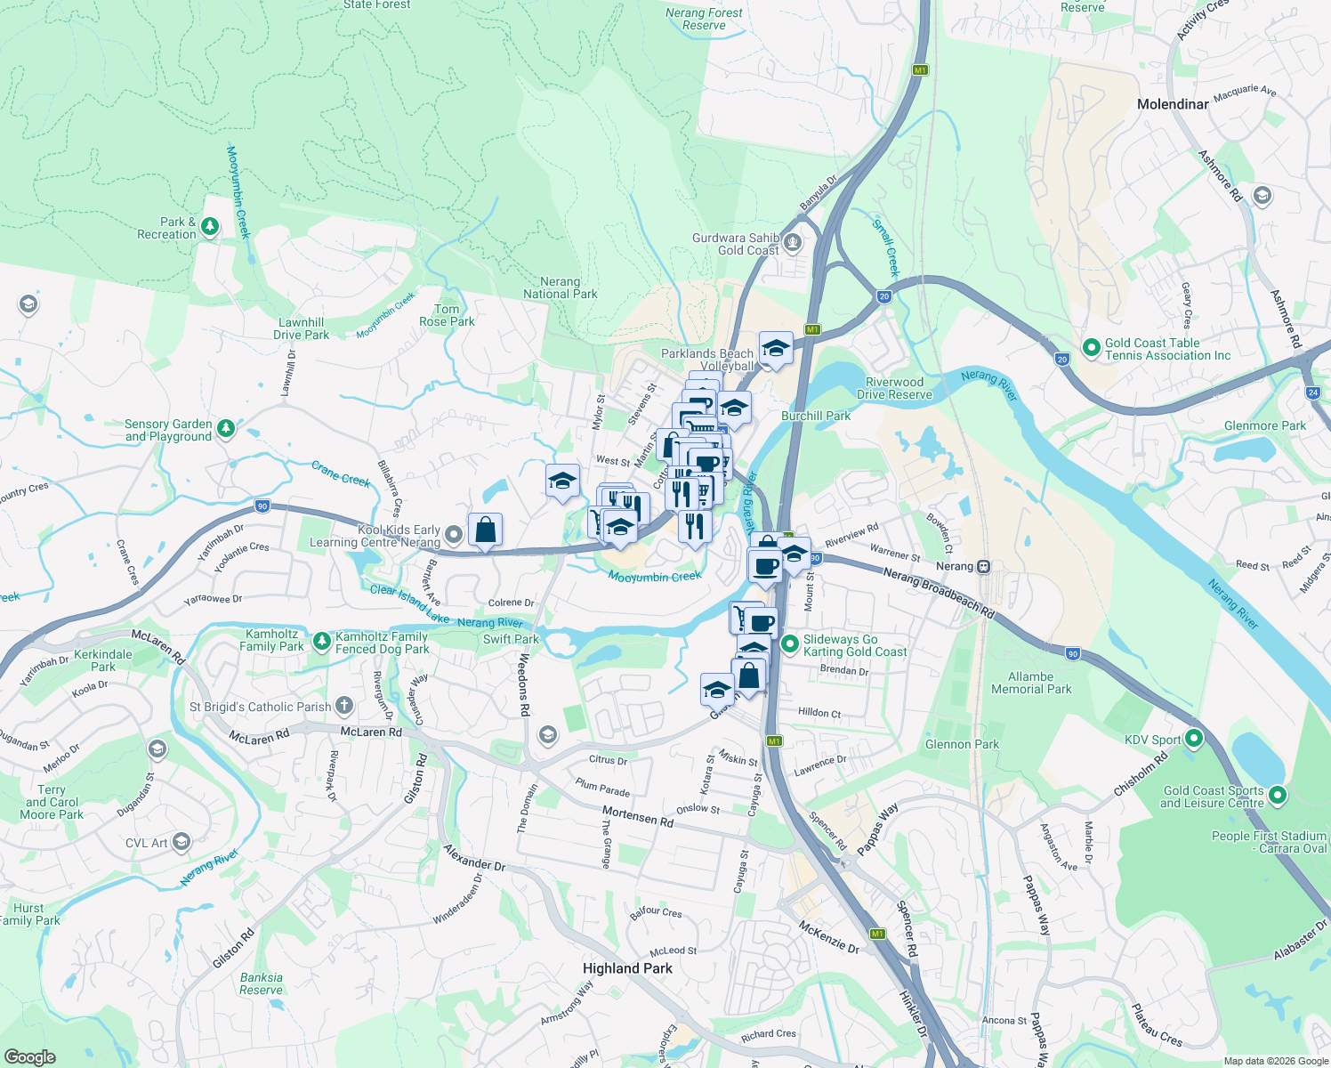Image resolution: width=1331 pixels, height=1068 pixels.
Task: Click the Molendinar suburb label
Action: coord(1173,104)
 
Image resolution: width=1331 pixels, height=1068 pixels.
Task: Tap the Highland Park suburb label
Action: coord(627,968)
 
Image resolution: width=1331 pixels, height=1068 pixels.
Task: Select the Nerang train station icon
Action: coord(983,567)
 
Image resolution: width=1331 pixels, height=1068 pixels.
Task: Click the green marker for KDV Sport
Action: coord(1194,739)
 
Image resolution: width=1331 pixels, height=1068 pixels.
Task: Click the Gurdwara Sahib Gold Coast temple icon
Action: coord(793,243)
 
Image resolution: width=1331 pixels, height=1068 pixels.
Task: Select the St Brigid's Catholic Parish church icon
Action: coord(344,707)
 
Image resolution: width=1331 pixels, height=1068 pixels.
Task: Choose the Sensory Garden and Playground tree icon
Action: coord(226,430)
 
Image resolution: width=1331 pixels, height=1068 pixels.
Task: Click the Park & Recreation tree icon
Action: coord(210,228)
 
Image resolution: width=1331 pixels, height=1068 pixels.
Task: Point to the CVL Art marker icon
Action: coord(181,842)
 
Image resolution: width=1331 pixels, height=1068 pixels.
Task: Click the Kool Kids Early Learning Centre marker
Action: coord(454,535)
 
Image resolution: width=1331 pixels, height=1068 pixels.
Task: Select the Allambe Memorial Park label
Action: coord(1031,683)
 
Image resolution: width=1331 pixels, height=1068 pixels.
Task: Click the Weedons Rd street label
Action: coord(524,685)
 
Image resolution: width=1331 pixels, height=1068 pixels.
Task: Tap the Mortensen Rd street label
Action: coord(638,816)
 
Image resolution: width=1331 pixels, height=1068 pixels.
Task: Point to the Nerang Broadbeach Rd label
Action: coord(939,594)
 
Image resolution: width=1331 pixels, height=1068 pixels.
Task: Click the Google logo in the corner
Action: coord(30,1057)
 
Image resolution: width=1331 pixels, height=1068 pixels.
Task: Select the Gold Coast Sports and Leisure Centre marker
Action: coord(1278,796)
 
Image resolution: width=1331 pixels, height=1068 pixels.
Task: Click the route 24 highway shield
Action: coord(1313,392)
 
